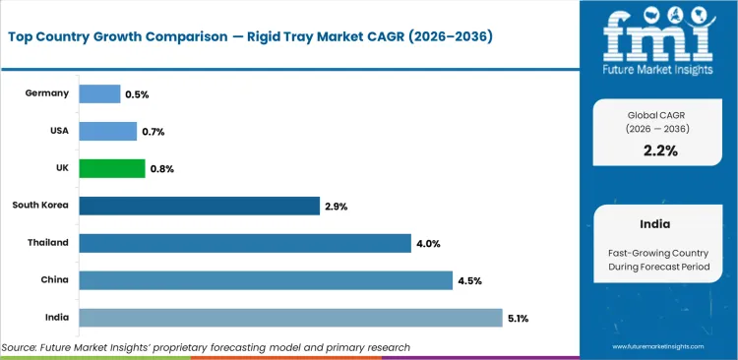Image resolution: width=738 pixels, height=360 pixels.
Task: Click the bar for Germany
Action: pos(99,93)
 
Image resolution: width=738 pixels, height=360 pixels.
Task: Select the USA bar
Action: pos(107,131)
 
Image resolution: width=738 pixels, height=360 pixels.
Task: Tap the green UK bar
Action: pos(111,168)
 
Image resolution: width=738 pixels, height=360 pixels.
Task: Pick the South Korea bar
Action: pos(199,206)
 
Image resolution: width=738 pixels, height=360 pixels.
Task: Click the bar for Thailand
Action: pos(244,243)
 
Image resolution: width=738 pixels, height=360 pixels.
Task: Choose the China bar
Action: pos(266,280)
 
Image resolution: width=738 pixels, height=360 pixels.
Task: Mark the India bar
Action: pos(290,317)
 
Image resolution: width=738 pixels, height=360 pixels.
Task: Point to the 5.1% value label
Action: pos(520,318)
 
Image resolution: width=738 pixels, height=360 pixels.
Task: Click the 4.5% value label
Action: pos(469,280)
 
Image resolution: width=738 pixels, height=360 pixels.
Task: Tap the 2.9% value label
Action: pos(337,206)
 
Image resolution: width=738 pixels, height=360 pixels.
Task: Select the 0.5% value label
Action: pos(137,93)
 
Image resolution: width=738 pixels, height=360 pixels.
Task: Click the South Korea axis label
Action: pos(40,206)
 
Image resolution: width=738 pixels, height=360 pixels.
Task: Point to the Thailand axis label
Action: pos(48,243)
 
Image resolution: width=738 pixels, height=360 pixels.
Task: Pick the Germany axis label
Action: pos(48,93)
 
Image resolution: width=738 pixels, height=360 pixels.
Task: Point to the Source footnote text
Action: pos(206,347)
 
